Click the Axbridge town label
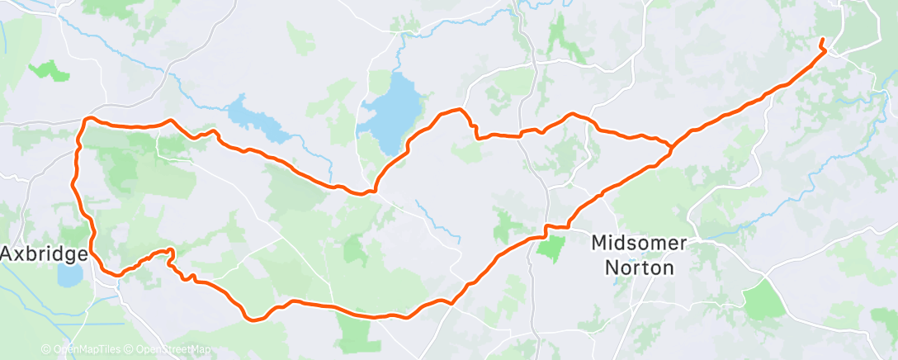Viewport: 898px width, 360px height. pos(44,253)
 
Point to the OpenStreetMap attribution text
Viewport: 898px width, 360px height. pos(172,350)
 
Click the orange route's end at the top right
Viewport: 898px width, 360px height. pos(821,40)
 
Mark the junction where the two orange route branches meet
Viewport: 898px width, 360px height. pos(671,149)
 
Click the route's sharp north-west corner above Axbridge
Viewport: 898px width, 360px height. pos(85,121)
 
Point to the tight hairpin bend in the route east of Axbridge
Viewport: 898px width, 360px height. pos(171,251)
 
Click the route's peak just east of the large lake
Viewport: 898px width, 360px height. pos(461,110)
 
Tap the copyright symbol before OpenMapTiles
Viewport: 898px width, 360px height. pos(46,350)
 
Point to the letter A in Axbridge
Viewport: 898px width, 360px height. pos(7,253)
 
